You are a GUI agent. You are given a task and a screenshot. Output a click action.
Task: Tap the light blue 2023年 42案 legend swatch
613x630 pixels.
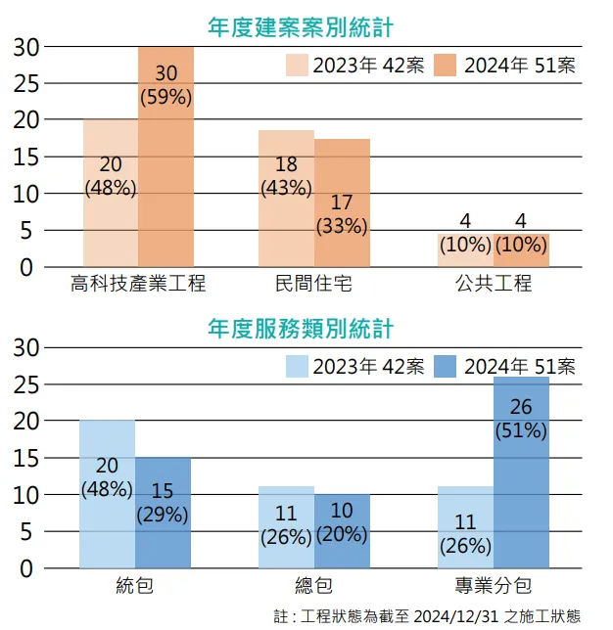(297, 367)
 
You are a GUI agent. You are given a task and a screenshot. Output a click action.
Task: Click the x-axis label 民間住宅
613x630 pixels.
(313, 285)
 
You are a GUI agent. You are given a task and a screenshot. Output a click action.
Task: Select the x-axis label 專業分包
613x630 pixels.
(493, 586)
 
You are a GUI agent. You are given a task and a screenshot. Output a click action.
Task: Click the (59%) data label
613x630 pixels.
(165, 97)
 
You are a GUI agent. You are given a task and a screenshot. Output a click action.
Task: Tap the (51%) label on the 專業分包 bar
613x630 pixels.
(521, 429)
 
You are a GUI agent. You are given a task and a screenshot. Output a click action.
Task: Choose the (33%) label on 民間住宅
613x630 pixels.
(342, 226)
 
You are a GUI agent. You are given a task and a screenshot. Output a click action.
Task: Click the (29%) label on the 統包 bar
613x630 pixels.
(162, 514)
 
